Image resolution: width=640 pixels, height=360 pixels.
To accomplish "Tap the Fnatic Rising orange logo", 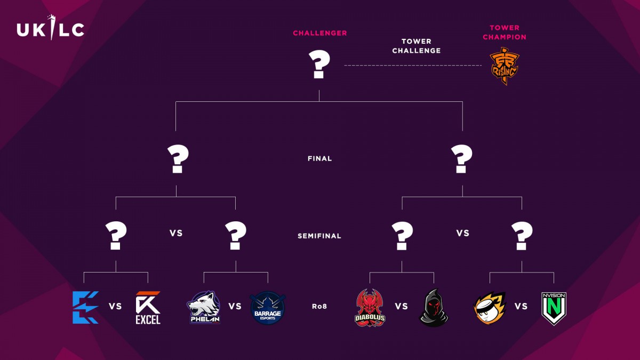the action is pos(505,66).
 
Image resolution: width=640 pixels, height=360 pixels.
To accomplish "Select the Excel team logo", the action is pos(148,308).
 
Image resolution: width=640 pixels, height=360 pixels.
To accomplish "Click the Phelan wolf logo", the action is pos(204,307).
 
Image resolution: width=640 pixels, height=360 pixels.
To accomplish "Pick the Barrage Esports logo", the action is pos(267,308).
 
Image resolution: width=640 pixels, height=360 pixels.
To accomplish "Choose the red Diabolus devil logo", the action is pos(370,308).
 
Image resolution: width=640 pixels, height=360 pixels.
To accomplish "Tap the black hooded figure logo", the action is pos(434,308).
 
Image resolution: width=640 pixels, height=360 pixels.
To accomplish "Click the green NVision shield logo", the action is pos(554,309).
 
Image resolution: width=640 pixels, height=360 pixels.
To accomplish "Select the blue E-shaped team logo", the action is pos(86,307).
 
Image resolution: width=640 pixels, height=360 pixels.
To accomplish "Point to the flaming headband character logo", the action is pos(490,308).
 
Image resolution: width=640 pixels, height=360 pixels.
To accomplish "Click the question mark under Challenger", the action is pos(319,65).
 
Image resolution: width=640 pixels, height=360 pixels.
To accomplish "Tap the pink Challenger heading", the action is pos(319,33).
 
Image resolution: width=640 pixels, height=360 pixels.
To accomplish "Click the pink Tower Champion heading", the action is pos(505,33).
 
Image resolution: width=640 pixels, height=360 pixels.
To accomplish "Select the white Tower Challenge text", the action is pos(417,46).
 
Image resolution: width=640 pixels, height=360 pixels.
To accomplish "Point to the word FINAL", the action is pos(319,158).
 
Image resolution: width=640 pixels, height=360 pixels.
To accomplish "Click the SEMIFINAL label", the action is pos(319,236).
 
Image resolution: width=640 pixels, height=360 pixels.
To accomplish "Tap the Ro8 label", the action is pos(319,307).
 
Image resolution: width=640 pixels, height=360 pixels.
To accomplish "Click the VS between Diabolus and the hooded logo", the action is pos(402,307).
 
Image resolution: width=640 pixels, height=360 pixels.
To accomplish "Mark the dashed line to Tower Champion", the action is pos(413,66).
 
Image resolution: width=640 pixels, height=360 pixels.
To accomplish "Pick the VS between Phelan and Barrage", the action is pos(235,307).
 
